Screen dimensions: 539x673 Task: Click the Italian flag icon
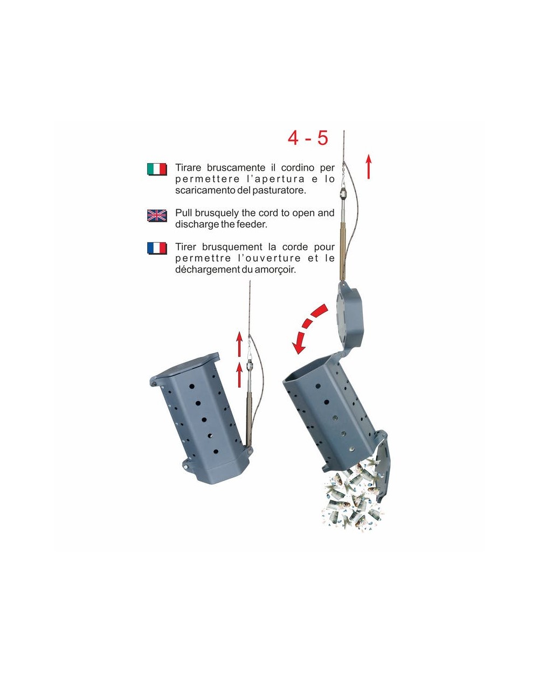point(157,169)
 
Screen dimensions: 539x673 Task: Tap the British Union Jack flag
point(157,215)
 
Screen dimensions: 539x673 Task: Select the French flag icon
point(157,248)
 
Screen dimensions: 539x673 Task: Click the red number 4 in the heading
point(293,138)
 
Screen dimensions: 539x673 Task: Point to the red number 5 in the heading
point(322,138)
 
